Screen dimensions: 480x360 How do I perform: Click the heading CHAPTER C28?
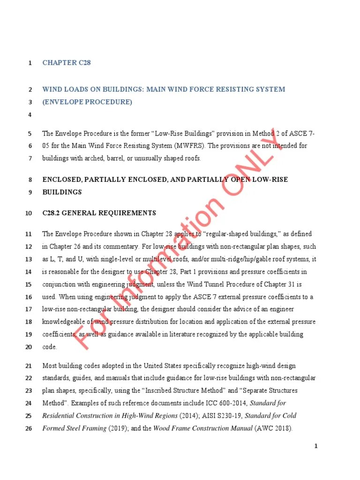[x=67, y=63]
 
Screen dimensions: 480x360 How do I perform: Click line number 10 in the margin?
[x=28, y=213]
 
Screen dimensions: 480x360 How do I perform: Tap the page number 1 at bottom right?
[x=316, y=446]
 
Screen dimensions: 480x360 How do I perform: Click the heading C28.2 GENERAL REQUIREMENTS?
[x=99, y=213]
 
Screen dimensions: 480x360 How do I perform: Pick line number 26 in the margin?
[x=28, y=428]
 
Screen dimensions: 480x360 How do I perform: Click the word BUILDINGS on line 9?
[x=62, y=192]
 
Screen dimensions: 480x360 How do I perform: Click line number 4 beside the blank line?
[x=30, y=115]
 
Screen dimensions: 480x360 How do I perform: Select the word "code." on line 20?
[x=50, y=347]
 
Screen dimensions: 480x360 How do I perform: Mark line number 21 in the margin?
[x=28, y=366]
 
